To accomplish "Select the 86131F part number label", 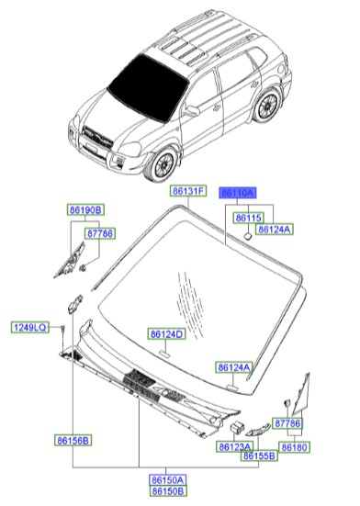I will (x=187, y=191).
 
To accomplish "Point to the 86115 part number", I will (x=248, y=218).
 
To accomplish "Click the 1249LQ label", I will (x=28, y=327).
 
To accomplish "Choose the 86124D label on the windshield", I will (x=167, y=334).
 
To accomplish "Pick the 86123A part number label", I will (x=235, y=446).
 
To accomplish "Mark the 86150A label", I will (x=168, y=479).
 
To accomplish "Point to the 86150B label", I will (x=168, y=490).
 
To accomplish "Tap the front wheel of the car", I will (x=163, y=164).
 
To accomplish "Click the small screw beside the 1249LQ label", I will (x=62, y=327).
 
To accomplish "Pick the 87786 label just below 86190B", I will (x=99, y=234).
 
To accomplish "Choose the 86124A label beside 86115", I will (x=275, y=229).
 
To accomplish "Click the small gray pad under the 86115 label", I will (x=248, y=237).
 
